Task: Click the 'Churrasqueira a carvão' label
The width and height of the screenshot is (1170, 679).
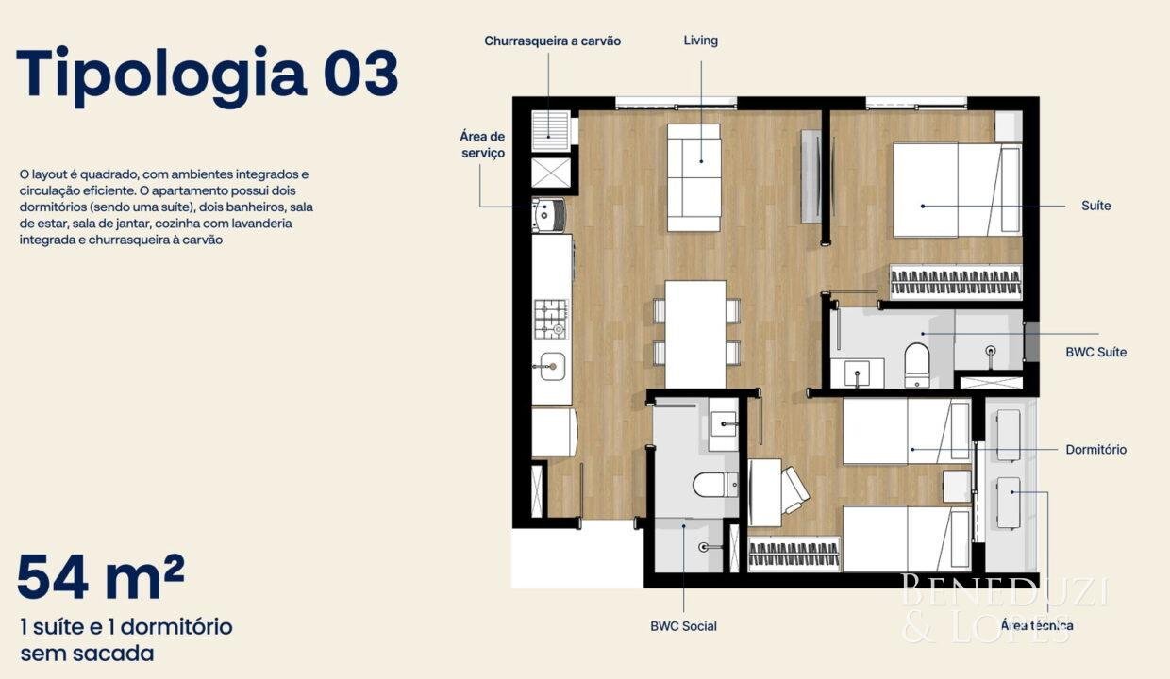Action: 552,41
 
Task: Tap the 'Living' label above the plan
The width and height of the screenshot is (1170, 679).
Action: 700,41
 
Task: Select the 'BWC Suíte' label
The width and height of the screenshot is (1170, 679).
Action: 1095,353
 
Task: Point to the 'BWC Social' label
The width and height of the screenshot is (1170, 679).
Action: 683,626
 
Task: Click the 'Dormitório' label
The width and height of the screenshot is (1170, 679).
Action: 1095,449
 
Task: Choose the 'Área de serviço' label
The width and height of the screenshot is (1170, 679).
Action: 482,144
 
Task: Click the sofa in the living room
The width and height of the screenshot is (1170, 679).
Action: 694,177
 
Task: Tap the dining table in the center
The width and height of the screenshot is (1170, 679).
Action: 695,335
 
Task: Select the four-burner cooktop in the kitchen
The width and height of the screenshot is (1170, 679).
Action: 551,319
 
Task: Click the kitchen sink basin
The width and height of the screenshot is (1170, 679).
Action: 552,366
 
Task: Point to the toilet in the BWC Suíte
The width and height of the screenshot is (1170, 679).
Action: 917,365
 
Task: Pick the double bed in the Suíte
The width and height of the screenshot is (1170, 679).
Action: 958,190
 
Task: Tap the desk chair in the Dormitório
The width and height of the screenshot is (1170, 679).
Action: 794,490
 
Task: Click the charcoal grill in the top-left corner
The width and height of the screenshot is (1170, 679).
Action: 550,131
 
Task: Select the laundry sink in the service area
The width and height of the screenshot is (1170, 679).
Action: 548,214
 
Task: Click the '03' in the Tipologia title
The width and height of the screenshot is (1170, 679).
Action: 361,74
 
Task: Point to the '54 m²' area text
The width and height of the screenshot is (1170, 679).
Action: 101,577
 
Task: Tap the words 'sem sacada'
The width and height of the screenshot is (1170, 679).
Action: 87,654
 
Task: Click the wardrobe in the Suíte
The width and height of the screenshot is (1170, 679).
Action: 956,282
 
